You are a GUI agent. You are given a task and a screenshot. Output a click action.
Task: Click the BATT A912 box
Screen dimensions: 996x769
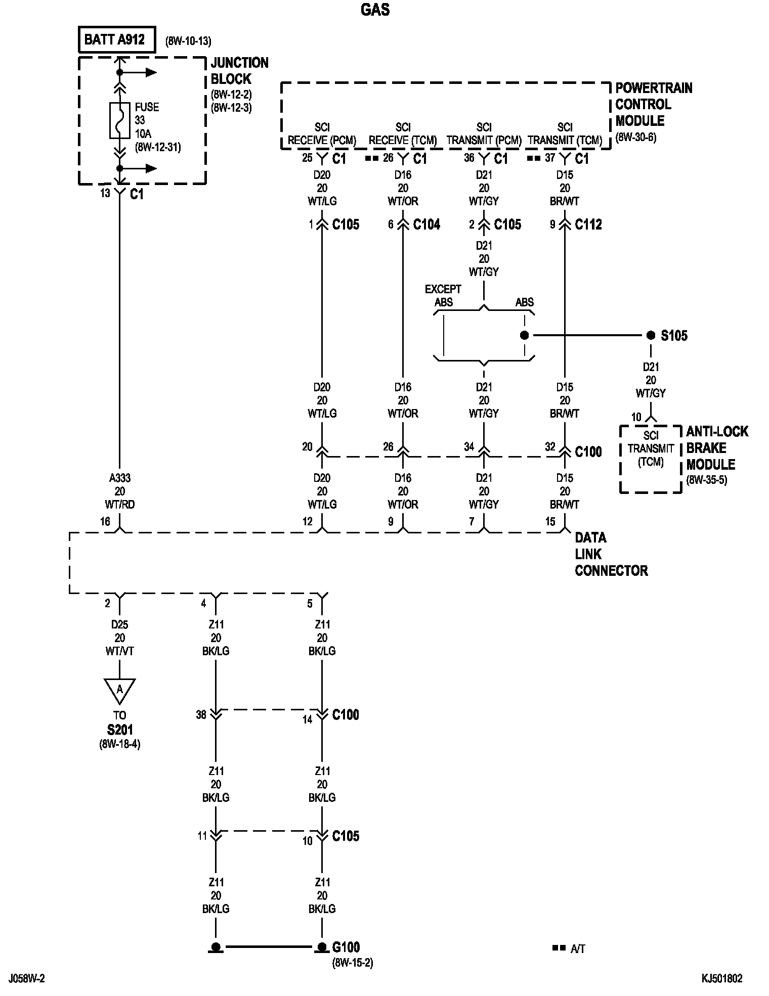117,40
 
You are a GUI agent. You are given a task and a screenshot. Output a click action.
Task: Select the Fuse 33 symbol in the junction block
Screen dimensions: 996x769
119,120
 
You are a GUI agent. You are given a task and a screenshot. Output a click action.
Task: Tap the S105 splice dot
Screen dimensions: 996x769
651,335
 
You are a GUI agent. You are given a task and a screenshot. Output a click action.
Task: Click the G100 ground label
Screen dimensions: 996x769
346,946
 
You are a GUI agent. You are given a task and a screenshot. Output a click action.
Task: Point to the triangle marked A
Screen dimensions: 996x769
120,690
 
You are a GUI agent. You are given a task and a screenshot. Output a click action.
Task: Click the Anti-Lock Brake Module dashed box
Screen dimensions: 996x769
651,459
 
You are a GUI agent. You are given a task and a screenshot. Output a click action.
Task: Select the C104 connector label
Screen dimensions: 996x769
426,224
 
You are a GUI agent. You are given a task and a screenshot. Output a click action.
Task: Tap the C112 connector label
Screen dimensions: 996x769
588,224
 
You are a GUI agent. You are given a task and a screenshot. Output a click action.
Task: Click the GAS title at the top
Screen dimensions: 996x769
375,10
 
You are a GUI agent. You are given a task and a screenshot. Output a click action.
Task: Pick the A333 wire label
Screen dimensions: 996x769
120,478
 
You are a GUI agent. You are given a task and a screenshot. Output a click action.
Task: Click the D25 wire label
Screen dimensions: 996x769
120,624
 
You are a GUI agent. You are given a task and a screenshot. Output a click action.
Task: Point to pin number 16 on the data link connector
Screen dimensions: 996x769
105,521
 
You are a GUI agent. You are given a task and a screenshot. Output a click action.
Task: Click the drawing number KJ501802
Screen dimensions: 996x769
722,979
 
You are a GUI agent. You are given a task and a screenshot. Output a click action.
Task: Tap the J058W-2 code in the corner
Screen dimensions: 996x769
26,979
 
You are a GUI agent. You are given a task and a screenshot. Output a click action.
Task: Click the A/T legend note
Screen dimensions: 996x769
577,949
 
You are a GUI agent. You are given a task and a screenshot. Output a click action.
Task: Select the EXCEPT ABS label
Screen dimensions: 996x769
443,296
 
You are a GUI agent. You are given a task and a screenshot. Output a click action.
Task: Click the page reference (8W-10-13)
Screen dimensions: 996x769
188,41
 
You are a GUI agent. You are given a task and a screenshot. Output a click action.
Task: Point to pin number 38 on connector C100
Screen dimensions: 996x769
201,714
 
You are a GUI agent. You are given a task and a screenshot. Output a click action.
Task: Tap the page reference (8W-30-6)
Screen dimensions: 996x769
636,137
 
